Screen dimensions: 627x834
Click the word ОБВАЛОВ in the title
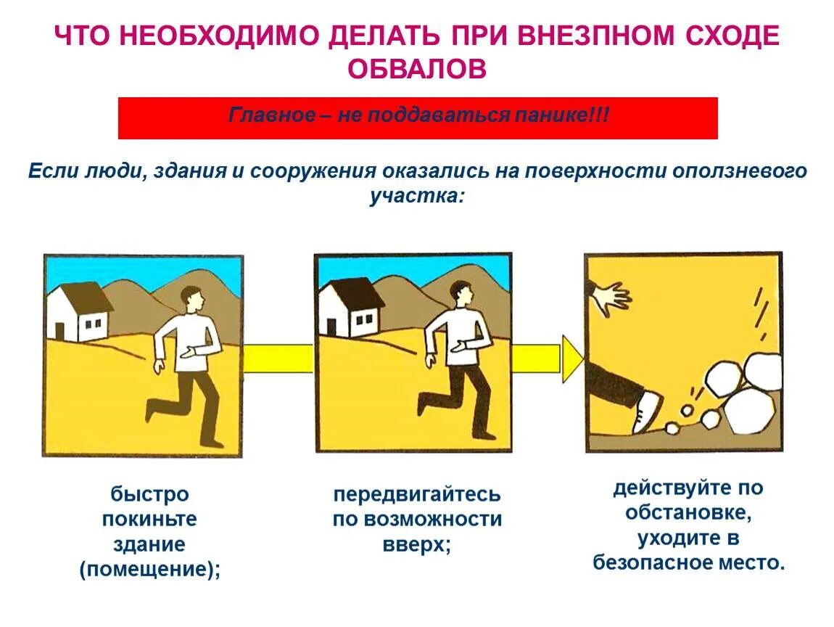[416, 69]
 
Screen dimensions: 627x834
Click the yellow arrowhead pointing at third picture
[573, 358]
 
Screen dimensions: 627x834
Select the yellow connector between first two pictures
[278, 358]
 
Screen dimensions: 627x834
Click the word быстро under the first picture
[149, 495]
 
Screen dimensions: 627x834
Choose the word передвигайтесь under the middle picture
[417, 495]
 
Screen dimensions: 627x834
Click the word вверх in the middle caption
[415, 545]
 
